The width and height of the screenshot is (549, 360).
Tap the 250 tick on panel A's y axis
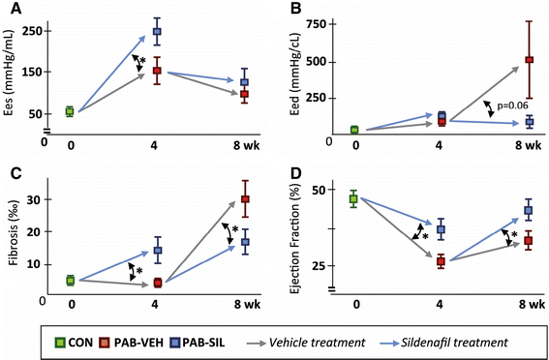pos(33,31)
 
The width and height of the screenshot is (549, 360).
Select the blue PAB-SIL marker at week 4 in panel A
pos(156,32)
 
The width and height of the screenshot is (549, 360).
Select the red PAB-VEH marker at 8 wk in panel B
pos(529,60)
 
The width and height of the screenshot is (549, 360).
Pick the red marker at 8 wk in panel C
pos(246,199)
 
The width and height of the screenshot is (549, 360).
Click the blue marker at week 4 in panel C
pos(157,251)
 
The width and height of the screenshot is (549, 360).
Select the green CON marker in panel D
pos(353,198)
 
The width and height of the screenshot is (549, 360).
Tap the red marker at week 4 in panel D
pos(441,261)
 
